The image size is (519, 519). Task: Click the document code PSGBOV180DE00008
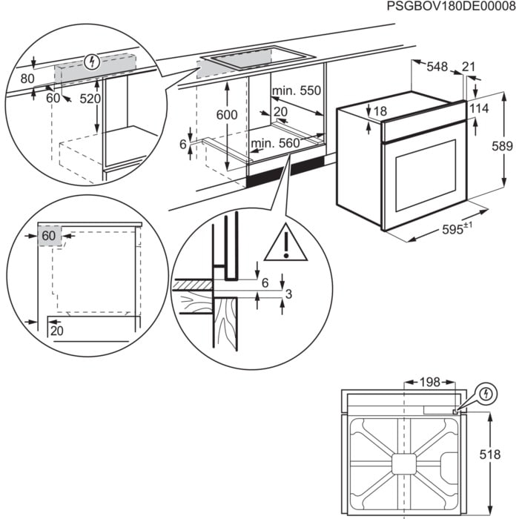[x=449, y=7]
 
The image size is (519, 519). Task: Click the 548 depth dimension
[x=437, y=67]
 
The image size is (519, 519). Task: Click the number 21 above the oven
[x=469, y=67]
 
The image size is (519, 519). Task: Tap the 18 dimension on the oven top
[x=380, y=111]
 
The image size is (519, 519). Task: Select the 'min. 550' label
[x=297, y=91]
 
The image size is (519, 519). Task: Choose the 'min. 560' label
[x=275, y=143]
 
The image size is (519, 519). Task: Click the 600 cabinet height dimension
[x=227, y=115]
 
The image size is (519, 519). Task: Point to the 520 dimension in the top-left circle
[x=89, y=98]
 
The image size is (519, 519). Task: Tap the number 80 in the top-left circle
[x=27, y=78]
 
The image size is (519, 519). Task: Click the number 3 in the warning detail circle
[x=289, y=295]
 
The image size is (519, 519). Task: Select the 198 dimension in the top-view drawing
[x=429, y=382]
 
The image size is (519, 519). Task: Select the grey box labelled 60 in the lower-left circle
[x=49, y=235]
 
